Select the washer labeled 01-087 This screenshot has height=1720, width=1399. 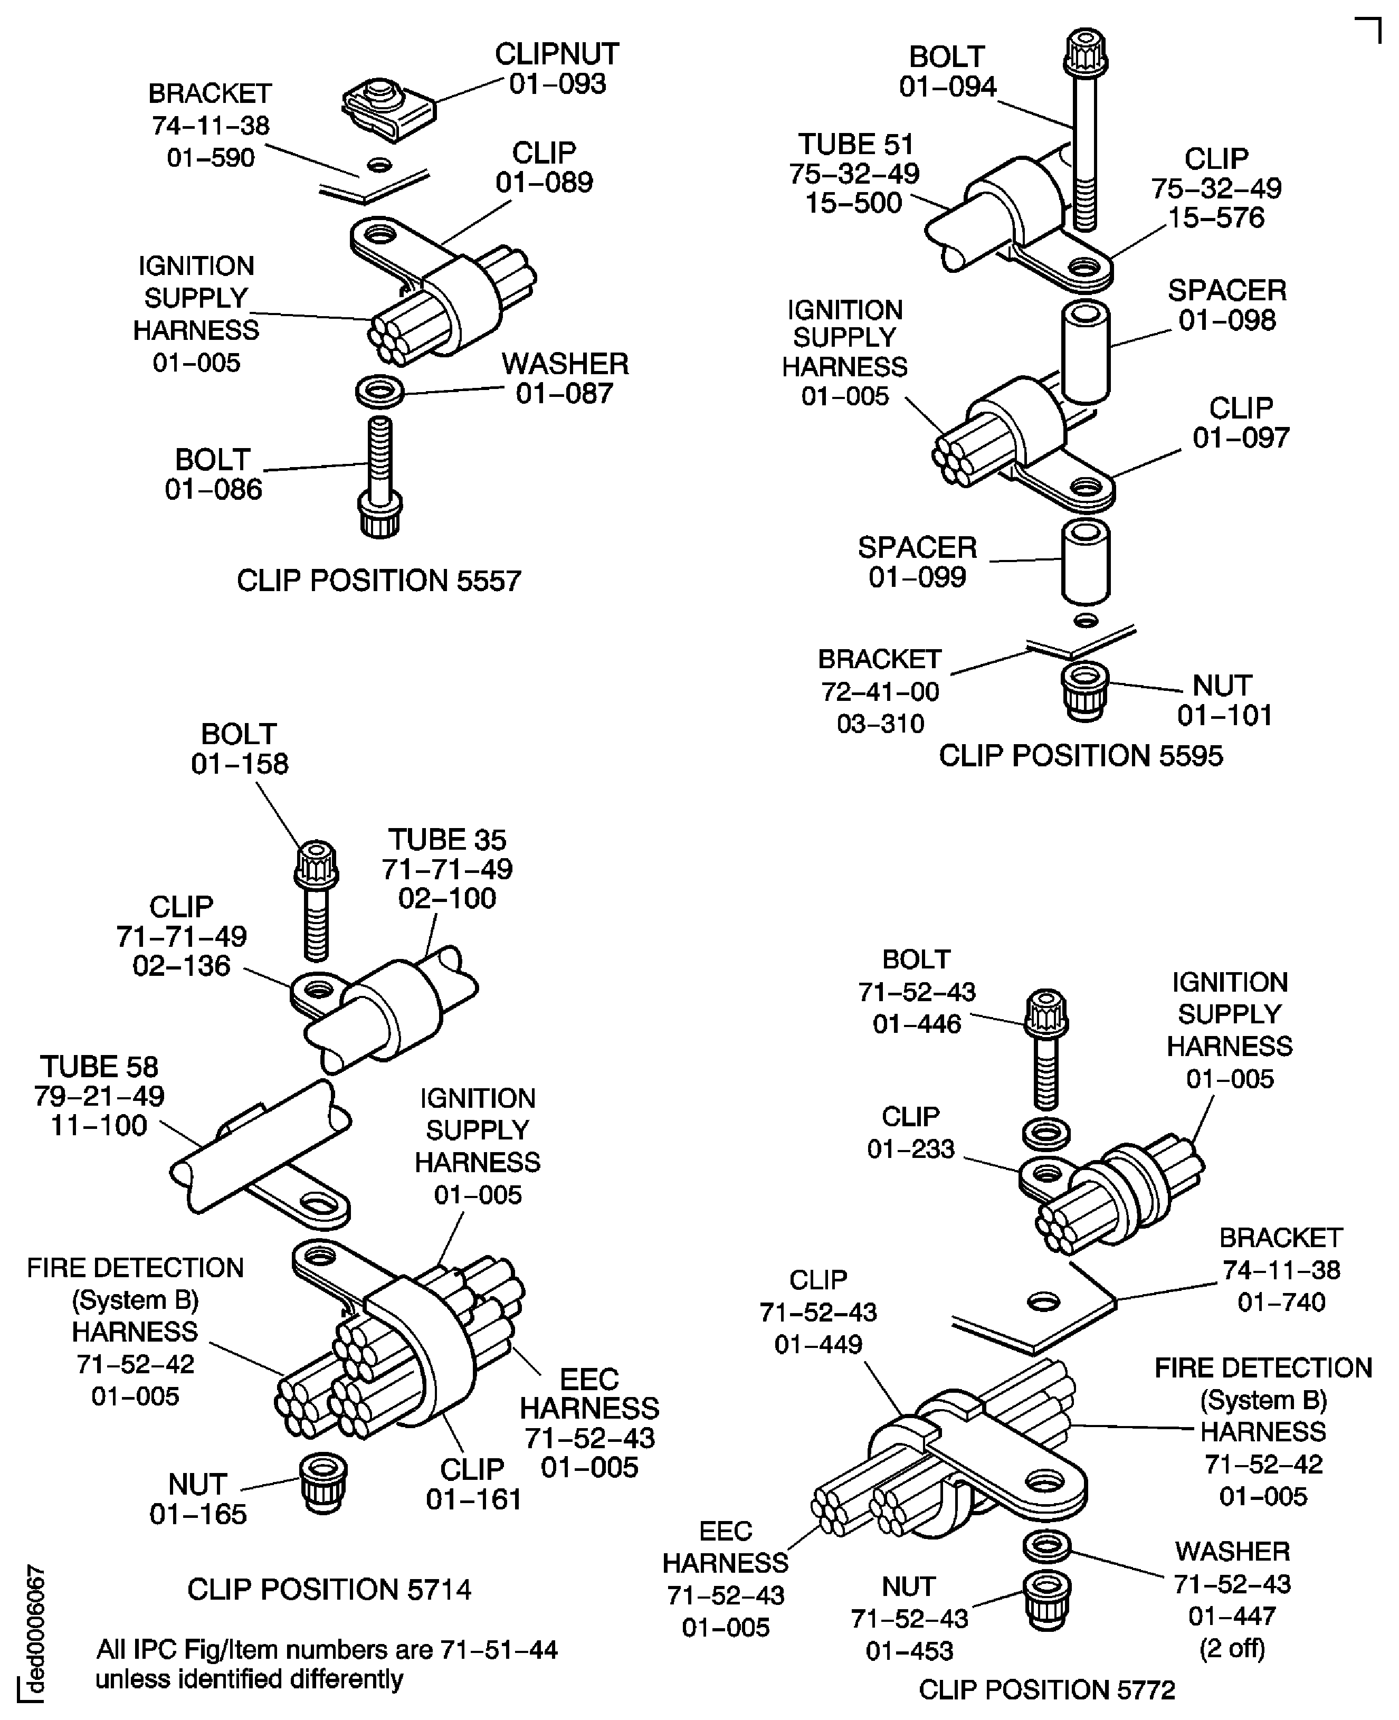point(379,392)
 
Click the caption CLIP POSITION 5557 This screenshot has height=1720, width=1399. point(379,581)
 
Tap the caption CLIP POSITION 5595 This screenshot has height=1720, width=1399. point(1081,756)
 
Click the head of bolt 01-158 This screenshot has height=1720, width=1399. point(317,864)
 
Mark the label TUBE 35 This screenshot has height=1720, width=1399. point(448,840)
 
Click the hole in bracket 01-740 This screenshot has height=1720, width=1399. point(1044,1301)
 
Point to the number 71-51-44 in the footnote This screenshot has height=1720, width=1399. point(499,1650)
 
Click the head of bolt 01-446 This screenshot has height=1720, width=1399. point(1046,1013)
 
